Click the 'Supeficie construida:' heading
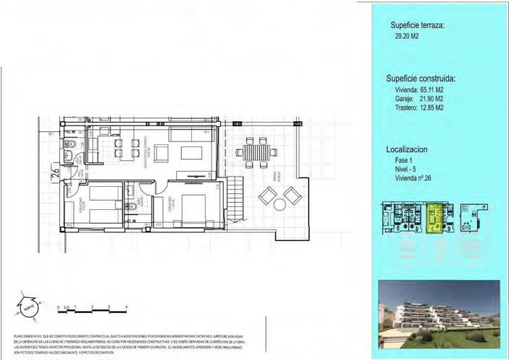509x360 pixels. pyautogui.click(x=422, y=79)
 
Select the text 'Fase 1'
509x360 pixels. pyautogui.click(x=403, y=160)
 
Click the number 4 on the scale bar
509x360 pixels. pyautogui.click(x=126, y=307)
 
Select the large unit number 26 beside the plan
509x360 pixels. pyautogui.click(x=56, y=173)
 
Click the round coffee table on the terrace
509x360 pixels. pyautogui.click(x=280, y=204)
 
